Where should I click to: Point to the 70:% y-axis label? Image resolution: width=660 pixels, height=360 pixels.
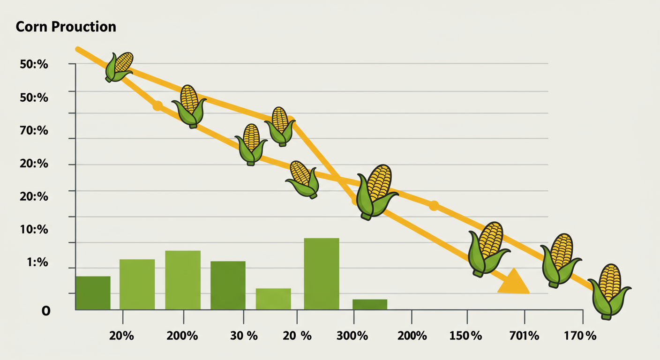click(x=34, y=131)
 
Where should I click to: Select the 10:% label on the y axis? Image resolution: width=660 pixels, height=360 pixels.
click(x=34, y=230)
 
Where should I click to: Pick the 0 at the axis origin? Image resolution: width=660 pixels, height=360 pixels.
click(x=46, y=310)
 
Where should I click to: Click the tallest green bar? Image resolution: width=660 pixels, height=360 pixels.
click(x=321, y=274)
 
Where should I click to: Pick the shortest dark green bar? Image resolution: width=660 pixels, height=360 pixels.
click(x=370, y=304)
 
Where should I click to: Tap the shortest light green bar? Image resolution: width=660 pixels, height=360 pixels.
click(x=273, y=299)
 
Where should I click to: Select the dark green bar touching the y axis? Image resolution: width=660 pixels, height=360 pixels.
click(x=93, y=293)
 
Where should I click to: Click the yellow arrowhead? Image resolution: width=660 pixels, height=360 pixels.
click(x=513, y=283)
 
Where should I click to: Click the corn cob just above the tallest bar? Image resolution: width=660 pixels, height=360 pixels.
click(x=304, y=179)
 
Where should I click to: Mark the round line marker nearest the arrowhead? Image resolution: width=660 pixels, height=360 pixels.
click(x=434, y=205)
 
